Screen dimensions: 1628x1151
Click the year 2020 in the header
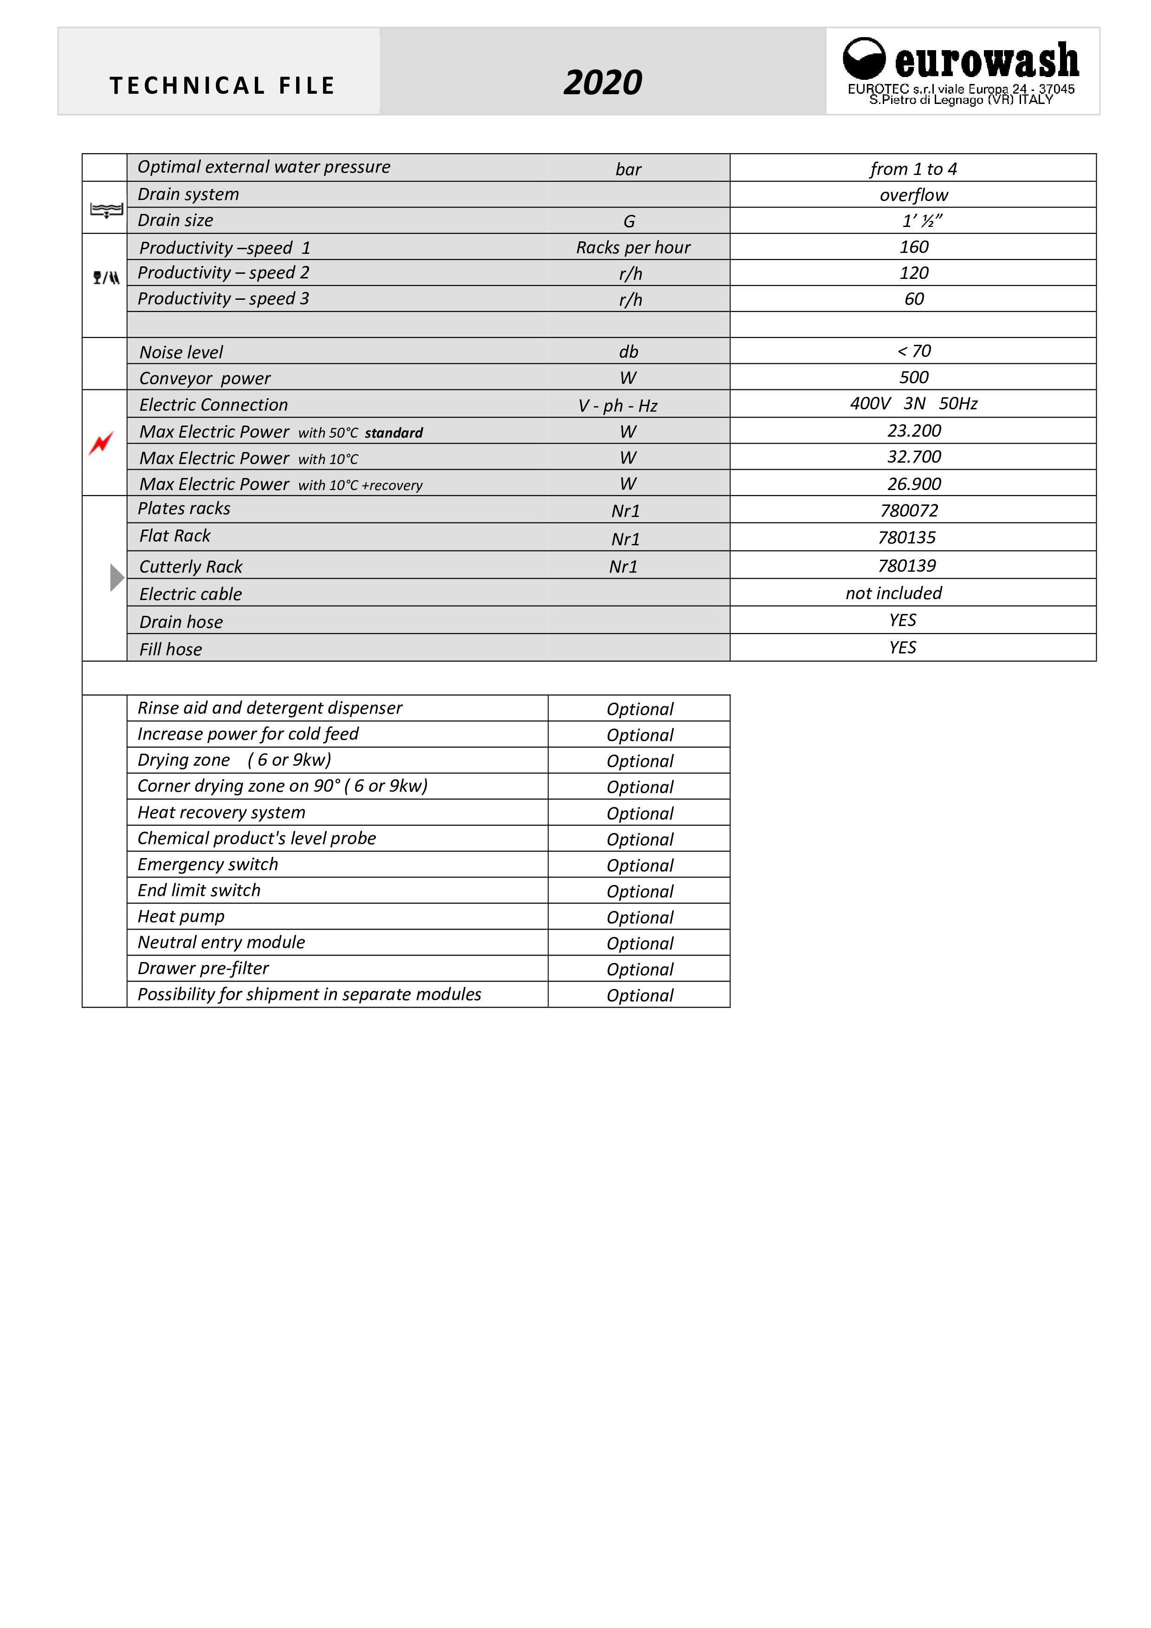point(603,83)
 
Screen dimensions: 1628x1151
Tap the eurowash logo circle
point(863,58)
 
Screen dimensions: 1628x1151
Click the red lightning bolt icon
point(102,443)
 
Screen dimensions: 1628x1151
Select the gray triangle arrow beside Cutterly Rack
point(117,577)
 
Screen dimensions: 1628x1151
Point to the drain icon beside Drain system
point(106,210)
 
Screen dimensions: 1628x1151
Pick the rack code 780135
point(906,537)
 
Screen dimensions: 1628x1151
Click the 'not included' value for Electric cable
point(893,593)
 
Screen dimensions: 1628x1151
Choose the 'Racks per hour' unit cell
point(633,247)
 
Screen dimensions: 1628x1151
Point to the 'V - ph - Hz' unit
point(618,406)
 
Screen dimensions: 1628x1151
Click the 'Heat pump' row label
point(181,916)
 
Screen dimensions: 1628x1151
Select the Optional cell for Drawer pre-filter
point(640,969)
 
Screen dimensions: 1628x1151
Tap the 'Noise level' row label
point(181,352)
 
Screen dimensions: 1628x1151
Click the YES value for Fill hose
point(902,647)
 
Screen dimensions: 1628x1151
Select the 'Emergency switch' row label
point(208,864)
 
